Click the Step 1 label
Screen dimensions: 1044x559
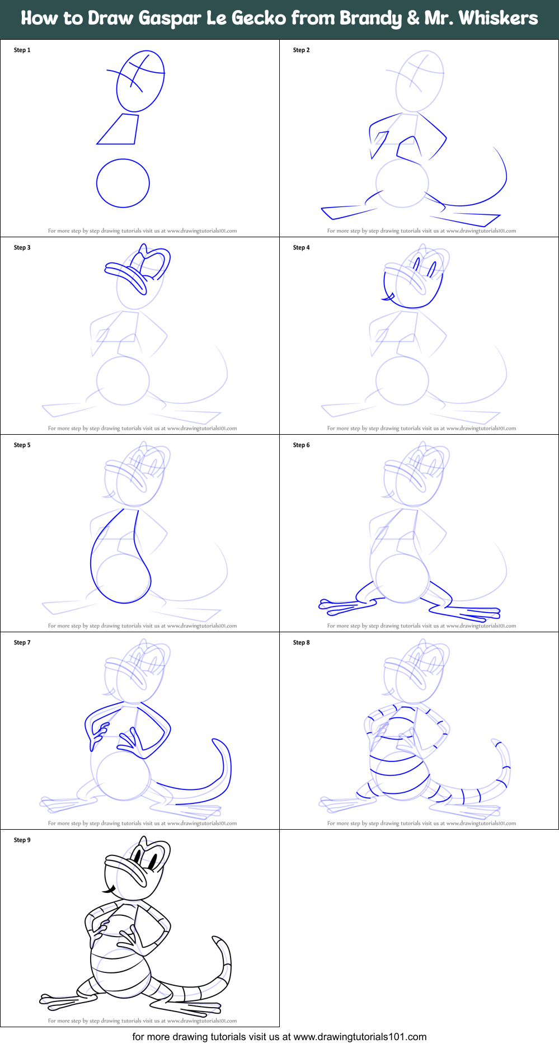[x=22, y=50]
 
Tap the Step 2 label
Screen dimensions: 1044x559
[x=301, y=50]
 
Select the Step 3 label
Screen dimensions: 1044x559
[x=22, y=248]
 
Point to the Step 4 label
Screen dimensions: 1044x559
[x=301, y=248]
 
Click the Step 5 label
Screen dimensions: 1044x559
[x=22, y=445]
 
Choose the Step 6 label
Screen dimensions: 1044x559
[x=301, y=445]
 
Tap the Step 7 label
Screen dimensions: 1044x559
[x=22, y=643]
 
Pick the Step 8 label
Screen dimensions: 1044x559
[x=301, y=643]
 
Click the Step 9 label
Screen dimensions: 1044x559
[x=22, y=840]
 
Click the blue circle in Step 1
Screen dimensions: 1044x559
[x=123, y=183]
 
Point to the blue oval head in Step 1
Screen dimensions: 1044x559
[x=140, y=81]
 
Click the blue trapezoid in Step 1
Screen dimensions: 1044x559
[x=120, y=130]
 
